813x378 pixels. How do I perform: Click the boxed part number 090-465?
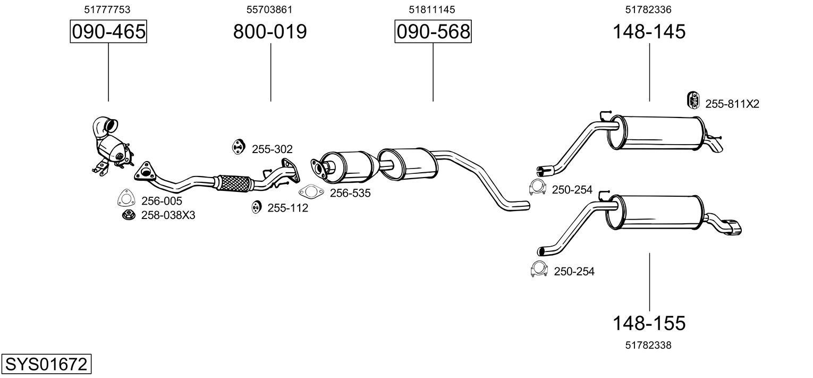(108, 32)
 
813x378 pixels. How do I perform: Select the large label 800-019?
(270, 32)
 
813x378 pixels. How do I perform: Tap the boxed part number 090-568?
(433, 32)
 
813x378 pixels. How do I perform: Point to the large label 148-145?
(649, 32)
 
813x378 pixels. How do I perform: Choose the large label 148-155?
(649, 323)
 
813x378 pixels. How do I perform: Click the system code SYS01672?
(46, 365)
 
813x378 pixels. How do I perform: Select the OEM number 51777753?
(107, 10)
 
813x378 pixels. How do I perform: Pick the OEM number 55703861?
(269, 10)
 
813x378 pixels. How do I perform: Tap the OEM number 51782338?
(648, 345)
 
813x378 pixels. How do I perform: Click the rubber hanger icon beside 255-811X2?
(693, 99)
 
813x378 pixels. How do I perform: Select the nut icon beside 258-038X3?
(128, 215)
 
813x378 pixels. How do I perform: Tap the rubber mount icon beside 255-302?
(238, 147)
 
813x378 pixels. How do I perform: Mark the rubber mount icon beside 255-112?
(256, 207)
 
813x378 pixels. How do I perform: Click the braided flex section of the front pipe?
(232, 183)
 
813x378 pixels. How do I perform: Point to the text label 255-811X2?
(732, 104)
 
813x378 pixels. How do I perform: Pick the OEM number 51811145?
(431, 10)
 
